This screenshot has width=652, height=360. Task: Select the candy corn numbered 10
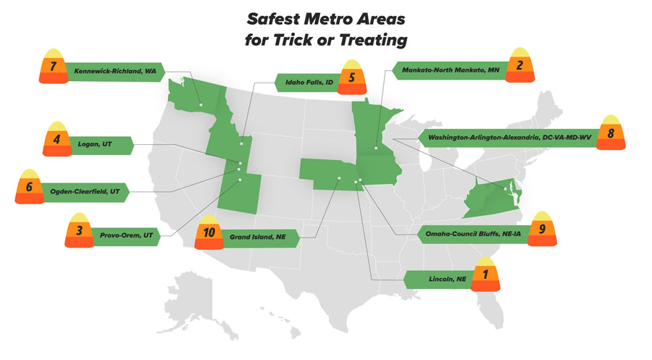209,234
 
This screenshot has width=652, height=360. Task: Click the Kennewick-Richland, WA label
114,72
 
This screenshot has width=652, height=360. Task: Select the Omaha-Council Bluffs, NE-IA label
472,234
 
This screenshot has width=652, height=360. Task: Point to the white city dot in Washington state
201,105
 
